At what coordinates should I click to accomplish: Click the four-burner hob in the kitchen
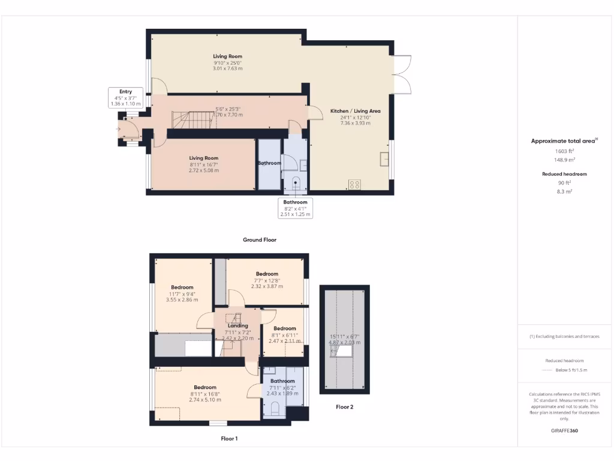[x=354, y=184]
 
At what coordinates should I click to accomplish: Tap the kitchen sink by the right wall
[x=384, y=158]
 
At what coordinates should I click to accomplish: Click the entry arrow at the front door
[x=119, y=128]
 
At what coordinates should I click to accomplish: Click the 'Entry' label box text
[x=125, y=92]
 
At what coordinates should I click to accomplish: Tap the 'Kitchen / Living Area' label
[x=355, y=111]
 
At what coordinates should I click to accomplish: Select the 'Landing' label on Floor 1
[x=238, y=326]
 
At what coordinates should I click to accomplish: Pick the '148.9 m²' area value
[x=564, y=160]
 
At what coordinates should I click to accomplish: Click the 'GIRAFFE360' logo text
[x=564, y=430]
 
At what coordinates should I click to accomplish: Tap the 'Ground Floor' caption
[x=259, y=240]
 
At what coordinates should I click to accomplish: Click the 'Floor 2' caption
[x=344, y=407]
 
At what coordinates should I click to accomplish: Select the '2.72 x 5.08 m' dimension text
[x=204, y=170]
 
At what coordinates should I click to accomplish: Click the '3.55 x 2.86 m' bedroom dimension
[x=182, y=300]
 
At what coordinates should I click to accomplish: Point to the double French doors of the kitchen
[x=402, y=74]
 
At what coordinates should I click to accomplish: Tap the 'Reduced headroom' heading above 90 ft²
[x=564, y=174]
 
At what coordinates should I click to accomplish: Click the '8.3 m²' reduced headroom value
[x=564, y=191]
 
